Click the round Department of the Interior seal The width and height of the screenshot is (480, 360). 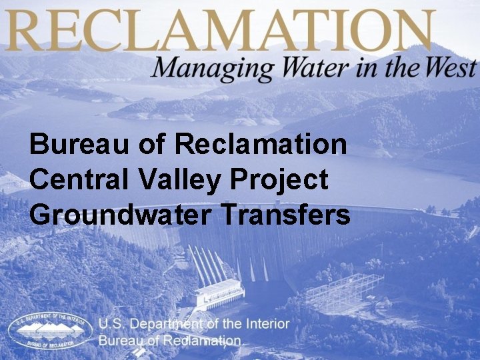click(x=50, y=330)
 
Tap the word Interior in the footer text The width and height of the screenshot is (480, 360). click(x=265, y=324)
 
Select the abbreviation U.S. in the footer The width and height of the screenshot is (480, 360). click(x=112, y=324)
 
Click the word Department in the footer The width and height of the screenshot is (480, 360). click(x=167, y=324)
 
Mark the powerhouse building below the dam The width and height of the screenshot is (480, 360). click(x=221, y=293)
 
